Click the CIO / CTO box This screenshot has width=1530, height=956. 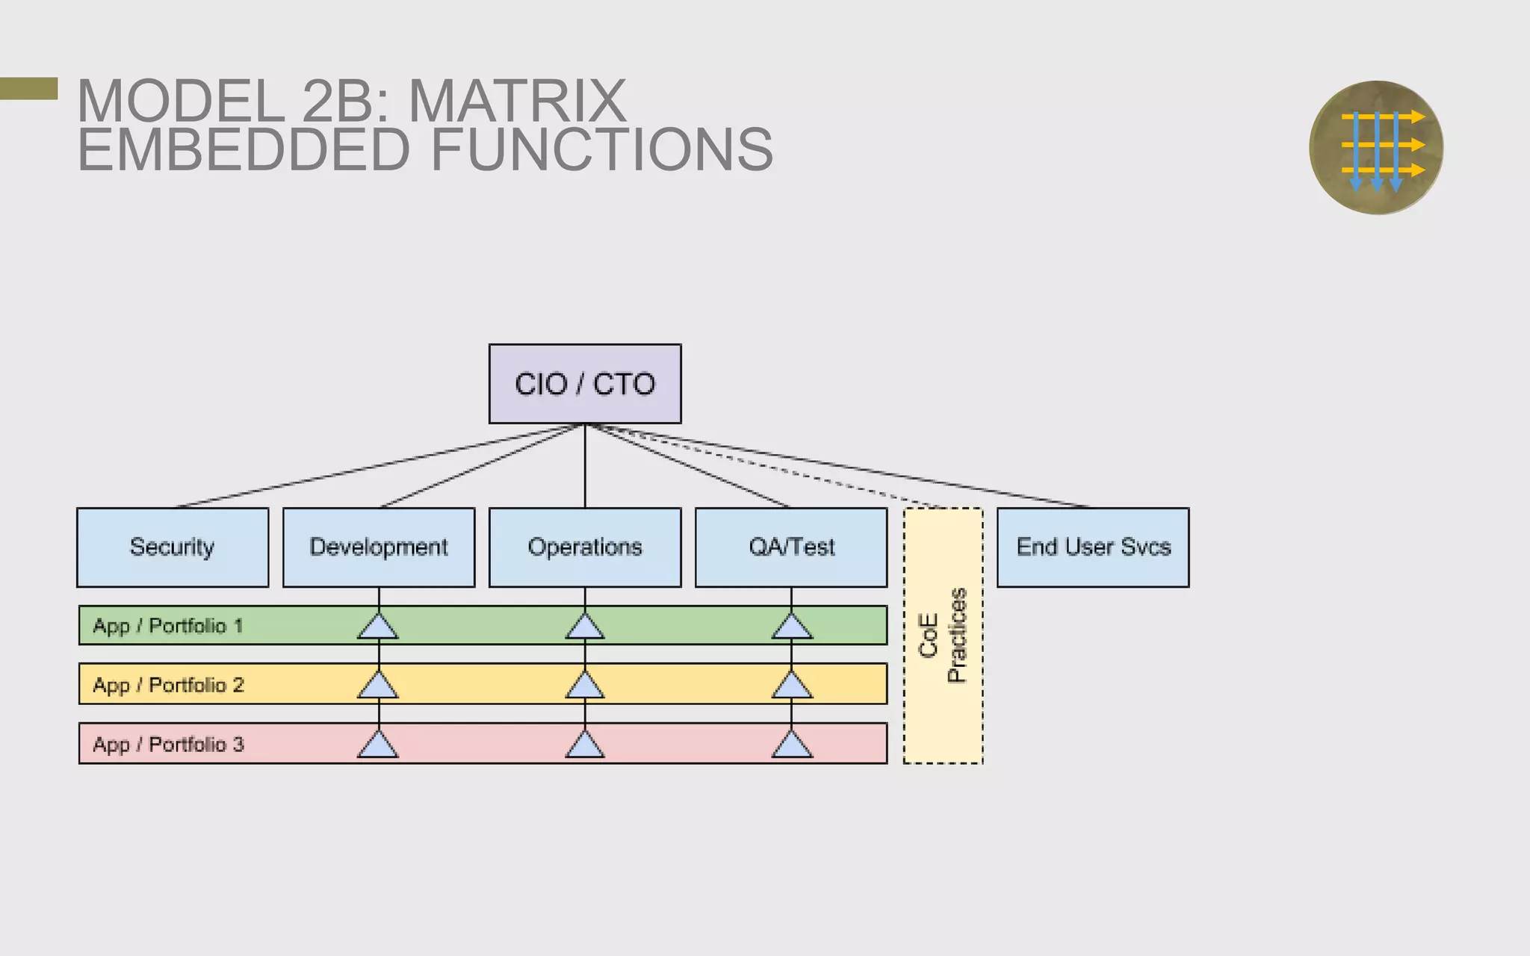585,384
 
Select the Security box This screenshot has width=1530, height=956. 173,547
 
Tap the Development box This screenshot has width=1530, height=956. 379,547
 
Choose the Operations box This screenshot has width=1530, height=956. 585,547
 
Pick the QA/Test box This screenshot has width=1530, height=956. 791,547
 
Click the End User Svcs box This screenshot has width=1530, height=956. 1093,547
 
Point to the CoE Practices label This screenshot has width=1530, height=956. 943,636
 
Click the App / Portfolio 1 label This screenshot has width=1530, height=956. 168,626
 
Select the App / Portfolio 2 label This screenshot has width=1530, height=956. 168,685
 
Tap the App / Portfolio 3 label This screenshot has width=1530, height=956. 168,744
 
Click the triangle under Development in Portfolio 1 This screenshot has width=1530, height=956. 378,628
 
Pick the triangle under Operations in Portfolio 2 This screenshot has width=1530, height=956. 585,686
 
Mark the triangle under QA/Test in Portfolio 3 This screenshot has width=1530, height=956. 792,746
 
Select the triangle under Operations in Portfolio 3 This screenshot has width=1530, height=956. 585,746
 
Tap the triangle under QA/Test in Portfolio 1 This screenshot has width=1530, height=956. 792,628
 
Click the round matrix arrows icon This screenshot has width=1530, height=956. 1376,148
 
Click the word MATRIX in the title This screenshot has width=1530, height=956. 517,102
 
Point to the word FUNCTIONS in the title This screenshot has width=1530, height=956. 602,150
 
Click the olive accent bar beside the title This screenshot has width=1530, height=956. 28,88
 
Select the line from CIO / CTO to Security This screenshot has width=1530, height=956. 374,467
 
